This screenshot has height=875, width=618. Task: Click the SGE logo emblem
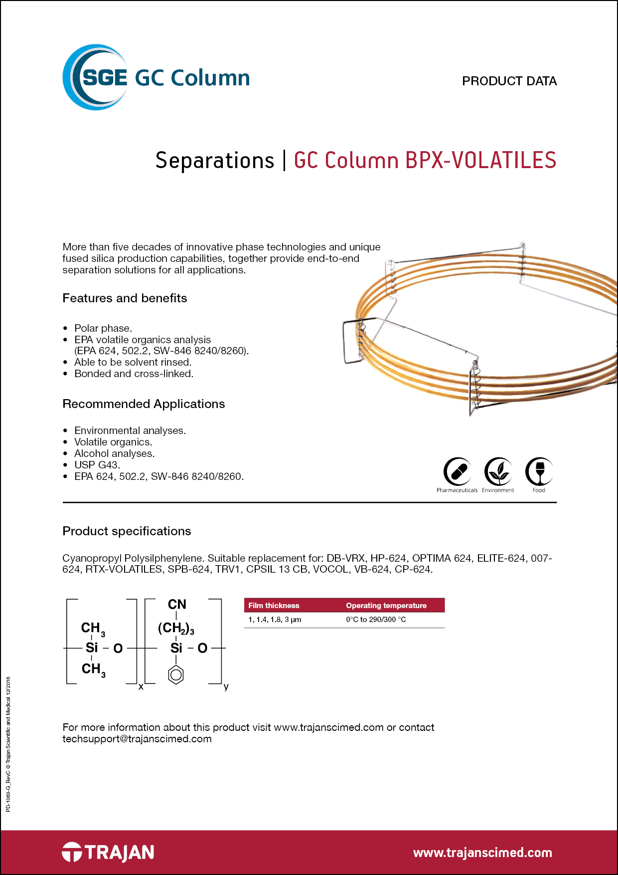pos(95,77)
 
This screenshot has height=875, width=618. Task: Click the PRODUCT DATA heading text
pos(509,81)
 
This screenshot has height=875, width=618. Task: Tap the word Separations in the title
pos(215,161)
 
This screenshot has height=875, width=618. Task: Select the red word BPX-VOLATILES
pos(480,161)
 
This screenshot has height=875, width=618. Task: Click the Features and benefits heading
pos(125,298)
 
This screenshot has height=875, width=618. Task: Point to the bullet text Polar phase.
pos(103,328)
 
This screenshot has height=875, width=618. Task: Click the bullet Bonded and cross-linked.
pos(134,374)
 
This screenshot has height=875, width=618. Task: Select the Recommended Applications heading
pos(144,404)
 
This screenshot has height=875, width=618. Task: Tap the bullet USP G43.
pos(97,465)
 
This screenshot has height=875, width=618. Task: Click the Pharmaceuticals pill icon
pos(457,471)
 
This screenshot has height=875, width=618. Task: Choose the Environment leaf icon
pos(498,471)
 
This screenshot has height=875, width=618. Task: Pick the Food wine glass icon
pos(539,471)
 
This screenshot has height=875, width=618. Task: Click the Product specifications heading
pos(127,531)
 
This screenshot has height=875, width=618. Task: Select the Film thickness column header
pos(274,606)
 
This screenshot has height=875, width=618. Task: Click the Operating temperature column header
pos(386,606)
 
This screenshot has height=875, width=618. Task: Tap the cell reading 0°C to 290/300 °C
pos(376,620)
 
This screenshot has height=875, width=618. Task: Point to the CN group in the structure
pos(177,605)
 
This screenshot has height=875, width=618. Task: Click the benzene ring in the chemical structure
pos(176,675)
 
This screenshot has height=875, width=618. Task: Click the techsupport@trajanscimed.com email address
pos(137,739)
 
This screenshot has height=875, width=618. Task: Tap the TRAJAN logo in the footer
pos(108,852)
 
